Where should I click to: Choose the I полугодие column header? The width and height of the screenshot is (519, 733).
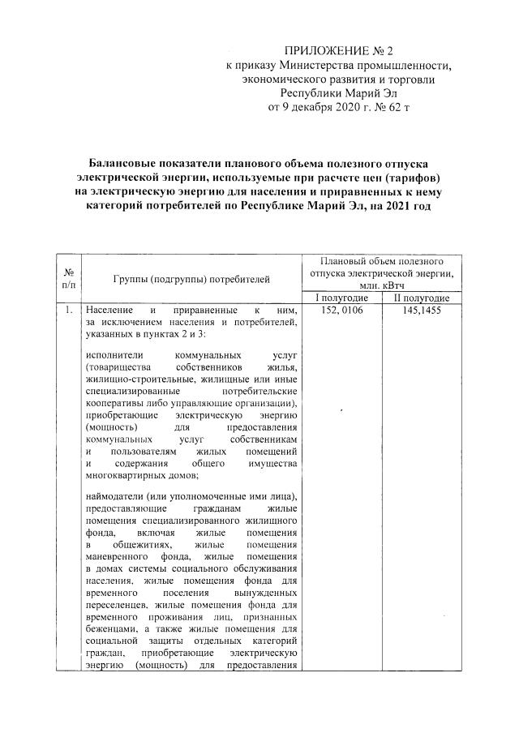[x=341, y=298]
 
